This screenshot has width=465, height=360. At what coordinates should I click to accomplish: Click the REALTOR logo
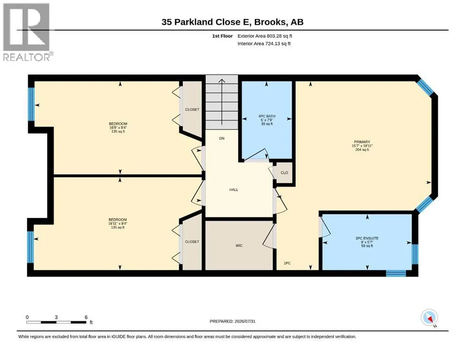(28, 32)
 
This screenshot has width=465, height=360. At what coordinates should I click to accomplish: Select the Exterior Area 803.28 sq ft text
(265, 36)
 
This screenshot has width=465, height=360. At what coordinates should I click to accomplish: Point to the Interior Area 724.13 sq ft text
(264, 44)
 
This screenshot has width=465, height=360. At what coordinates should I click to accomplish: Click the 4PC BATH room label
(267, 116)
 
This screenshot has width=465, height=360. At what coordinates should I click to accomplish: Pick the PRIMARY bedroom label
(362, 142)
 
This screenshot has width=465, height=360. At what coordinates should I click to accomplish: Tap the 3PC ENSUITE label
(367, 238)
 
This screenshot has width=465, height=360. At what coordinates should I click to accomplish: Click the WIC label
(239, 246)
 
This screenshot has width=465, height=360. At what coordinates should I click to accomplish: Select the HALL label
(234, 190)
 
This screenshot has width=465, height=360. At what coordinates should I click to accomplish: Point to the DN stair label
(222, 138)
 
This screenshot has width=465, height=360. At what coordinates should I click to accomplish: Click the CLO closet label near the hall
(284, 172)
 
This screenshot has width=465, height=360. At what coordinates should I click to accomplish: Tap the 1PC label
(287, 263)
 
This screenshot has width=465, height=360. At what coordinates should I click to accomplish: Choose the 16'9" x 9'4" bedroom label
(118, 127)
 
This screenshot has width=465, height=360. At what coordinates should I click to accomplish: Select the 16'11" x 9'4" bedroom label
(118, 224)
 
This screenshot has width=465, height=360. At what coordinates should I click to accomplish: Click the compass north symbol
(429, 318)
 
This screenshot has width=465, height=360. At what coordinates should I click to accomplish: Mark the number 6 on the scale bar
(86, 317)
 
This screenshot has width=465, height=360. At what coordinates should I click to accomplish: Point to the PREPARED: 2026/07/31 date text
(232, 321)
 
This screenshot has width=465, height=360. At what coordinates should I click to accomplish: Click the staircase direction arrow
(222, 102)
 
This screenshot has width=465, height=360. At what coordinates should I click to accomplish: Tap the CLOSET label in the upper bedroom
(192, 110)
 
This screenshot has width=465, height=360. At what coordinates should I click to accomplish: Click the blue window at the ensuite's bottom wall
(396, 273)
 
